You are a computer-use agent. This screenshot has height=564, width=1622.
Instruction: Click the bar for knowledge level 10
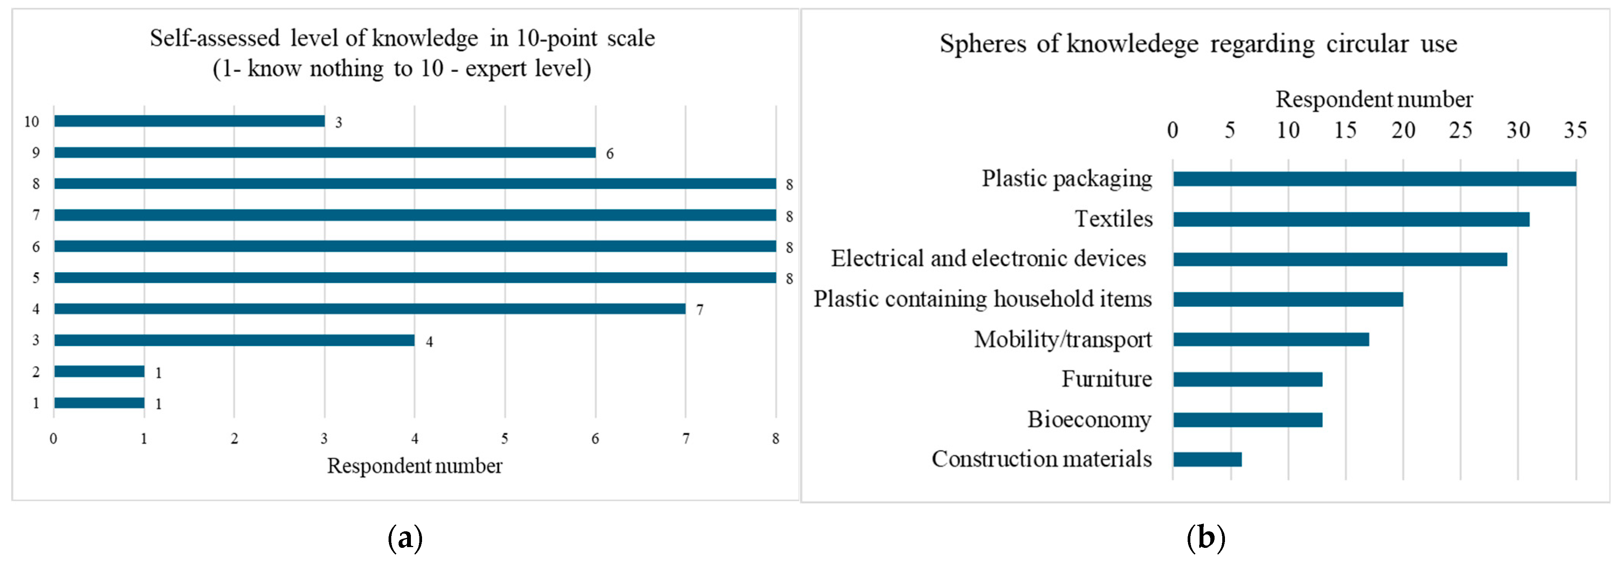189,121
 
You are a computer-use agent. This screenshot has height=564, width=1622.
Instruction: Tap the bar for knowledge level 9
324,152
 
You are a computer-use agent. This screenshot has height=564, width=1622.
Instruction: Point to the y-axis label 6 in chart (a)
36,247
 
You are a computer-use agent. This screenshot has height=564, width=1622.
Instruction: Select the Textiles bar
1351,219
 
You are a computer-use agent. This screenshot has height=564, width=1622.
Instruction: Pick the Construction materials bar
1207,459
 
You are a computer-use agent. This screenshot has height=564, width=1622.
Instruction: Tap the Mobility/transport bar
1271,339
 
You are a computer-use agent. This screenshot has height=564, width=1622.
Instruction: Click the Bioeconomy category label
1089,419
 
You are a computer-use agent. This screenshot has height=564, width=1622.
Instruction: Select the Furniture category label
1106,379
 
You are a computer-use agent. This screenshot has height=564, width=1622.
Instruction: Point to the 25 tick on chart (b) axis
1461,130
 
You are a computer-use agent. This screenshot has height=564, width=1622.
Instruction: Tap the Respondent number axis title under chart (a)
414,466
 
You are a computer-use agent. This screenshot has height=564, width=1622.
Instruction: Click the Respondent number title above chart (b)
1374,100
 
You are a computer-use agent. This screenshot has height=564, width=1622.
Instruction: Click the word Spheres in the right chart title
982,44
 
